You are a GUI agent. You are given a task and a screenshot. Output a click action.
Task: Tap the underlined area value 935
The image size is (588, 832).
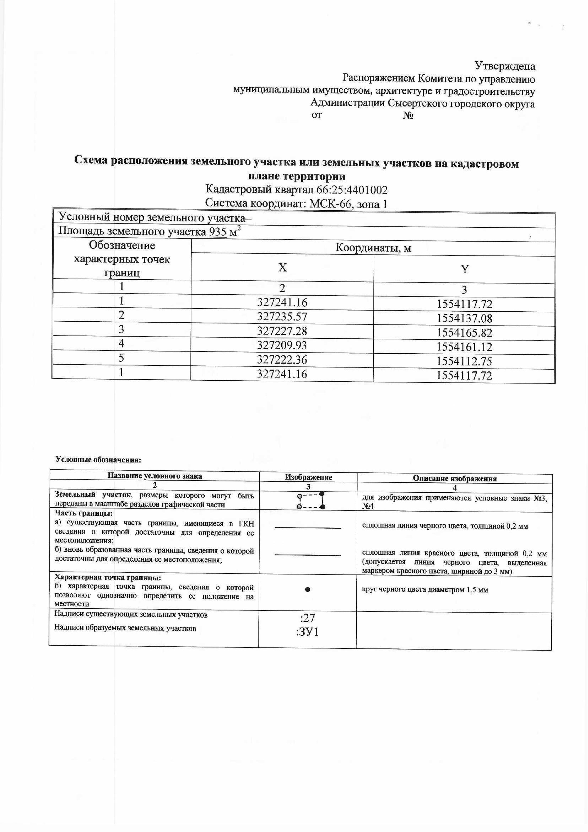218,232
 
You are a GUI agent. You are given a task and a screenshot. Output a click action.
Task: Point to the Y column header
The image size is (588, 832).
465,269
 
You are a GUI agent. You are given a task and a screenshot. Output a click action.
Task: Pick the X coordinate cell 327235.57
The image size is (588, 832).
282,317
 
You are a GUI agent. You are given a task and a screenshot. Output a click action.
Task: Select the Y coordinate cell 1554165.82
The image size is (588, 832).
465,333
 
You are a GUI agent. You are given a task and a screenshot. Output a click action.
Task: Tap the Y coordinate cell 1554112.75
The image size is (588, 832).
465,361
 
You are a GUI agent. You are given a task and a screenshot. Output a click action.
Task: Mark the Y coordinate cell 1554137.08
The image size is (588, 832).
465,319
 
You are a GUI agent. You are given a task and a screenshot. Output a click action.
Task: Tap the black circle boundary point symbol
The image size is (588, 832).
307,589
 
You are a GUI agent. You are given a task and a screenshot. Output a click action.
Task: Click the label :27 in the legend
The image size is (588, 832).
307,618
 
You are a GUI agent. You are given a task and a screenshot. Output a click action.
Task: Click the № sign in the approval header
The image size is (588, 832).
408,116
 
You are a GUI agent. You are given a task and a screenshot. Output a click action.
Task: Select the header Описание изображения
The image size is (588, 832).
455,479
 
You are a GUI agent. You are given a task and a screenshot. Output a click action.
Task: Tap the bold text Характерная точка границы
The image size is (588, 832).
108,578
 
